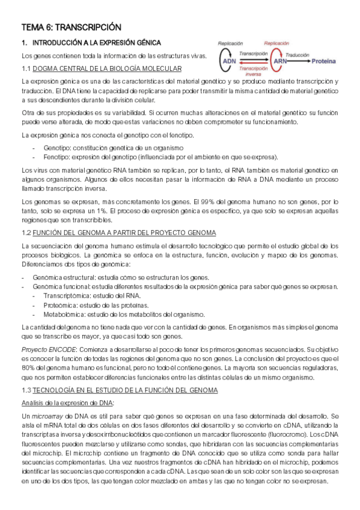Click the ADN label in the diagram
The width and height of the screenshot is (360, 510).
[229, 61]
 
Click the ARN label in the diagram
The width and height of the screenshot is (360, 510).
[280, 61]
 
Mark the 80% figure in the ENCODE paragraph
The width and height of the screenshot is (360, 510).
[29, 359]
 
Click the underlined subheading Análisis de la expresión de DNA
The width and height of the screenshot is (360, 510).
[67, 386]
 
